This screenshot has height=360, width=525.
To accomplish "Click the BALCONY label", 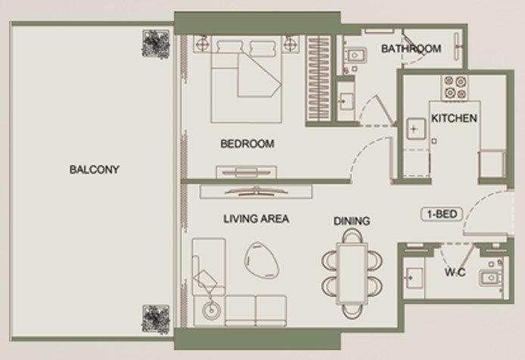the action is tap(95, 169).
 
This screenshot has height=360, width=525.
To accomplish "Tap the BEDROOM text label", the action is tap(247, 144).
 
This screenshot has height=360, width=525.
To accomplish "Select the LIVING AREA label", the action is tap(256, 219).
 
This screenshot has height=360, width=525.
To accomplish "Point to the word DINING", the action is tap(352, 221).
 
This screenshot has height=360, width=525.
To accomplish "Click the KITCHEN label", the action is tap(454, 118).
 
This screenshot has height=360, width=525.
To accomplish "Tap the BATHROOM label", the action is tap(412, 48).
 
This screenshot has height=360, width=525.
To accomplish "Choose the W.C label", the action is tap(455, 272).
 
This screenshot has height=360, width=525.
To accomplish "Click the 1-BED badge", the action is tap(442, 214).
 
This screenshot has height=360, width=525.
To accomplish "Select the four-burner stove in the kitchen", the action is tap(455, 88).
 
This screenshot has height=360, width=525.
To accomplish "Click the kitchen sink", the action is tap(416, 129).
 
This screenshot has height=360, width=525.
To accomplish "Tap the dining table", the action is tap(352, 274).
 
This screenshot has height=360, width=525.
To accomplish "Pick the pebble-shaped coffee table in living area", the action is tap(262, 259).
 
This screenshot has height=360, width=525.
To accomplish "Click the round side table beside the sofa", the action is tap(212, 310).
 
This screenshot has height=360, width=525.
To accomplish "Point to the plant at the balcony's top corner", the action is tap(156, 44).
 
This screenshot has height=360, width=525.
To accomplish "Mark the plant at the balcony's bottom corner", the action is tap(156, 319).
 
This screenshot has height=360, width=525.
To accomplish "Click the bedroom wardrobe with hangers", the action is tap(318, 79).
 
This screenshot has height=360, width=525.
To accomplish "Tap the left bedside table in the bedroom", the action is tap(202, 44).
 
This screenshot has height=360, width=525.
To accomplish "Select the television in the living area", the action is tap(256, 191).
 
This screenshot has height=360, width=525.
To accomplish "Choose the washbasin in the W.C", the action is tap(414, 278).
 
